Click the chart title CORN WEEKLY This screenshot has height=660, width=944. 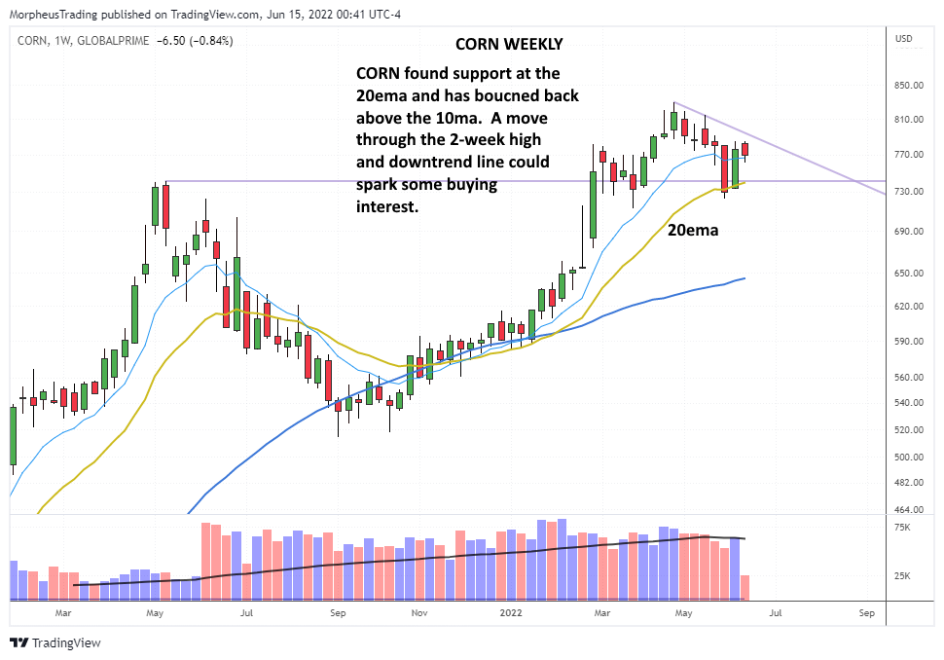(508, 45)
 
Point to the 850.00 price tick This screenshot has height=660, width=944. (911, 86)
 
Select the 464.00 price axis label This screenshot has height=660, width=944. (911, 510)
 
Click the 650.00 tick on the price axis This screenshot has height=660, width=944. (911, 274)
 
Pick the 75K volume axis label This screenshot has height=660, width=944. (903, 528)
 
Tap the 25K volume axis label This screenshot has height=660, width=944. (903, 576)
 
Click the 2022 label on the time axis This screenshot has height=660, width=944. (511, 614)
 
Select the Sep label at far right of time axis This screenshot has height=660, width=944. (867, 614)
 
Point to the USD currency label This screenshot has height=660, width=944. (904, 39)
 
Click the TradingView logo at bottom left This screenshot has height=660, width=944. (55, 642)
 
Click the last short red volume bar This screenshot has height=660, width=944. (745, 587)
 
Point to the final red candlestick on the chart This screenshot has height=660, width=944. (745, 150)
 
